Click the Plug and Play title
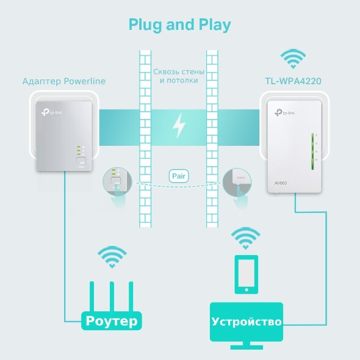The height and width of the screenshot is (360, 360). point(179,25)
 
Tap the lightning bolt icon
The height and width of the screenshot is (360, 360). point(179,126)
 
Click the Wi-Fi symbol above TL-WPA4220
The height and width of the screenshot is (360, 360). point(293,60)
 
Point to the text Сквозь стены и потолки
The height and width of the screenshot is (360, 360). point(179,75)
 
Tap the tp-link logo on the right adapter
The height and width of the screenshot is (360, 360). point(285,112)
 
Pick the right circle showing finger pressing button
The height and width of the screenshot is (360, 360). point(240,182)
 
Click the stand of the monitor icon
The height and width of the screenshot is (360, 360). point(246,345)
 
